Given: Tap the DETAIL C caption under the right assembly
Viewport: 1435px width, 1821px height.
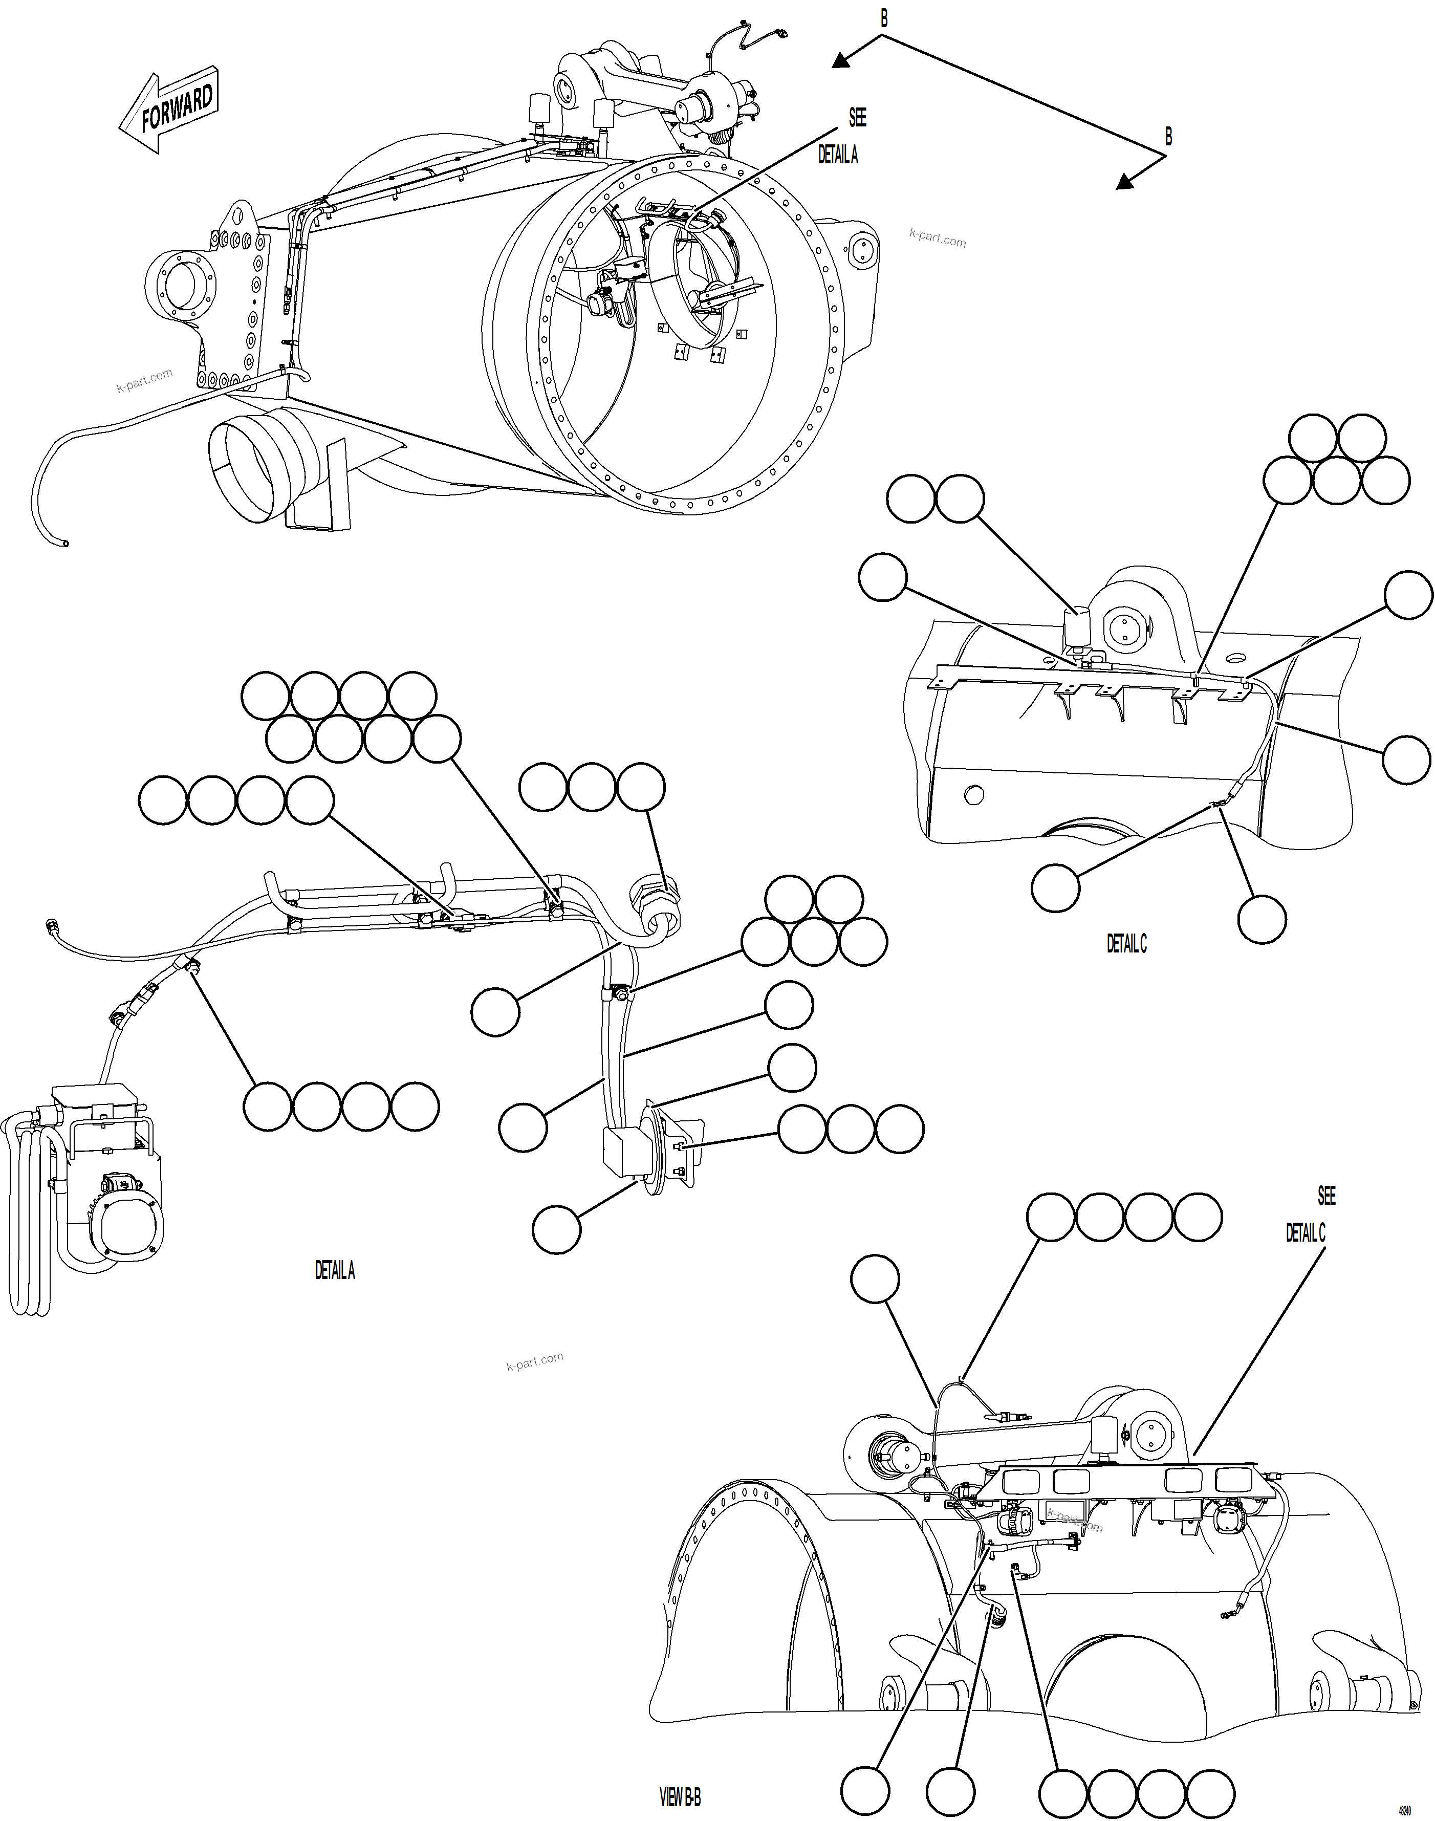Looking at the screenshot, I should (1126, 944).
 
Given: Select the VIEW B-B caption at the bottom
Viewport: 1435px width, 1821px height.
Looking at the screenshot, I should (680, 1796).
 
